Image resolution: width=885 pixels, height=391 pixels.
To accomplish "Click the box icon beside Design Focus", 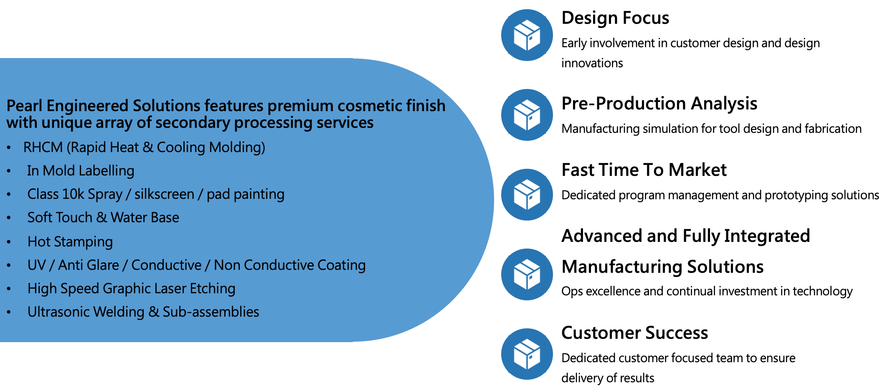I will tap(527, 35).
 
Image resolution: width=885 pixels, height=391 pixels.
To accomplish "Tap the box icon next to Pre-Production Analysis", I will tap(527, 115).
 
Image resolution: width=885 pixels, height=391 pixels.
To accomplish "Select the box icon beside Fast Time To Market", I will tap(527, 195).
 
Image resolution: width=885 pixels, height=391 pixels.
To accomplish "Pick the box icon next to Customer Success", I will tap(527, 354).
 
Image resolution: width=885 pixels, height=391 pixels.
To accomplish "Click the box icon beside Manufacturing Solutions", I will tap(527, 274).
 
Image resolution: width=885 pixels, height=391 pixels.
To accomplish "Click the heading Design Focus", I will tap(615, 18).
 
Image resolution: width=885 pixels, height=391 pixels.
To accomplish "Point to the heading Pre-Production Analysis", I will tap(659, 104).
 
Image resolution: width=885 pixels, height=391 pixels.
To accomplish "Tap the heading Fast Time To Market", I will tap(644, 170).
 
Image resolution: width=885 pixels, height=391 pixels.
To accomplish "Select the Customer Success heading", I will tap(634, 333).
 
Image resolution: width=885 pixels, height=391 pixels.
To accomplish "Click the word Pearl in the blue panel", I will tap(25, 106).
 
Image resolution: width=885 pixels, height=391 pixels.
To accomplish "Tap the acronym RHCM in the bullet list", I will tap(43, 147).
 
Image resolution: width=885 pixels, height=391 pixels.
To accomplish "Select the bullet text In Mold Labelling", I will tap(81, 171).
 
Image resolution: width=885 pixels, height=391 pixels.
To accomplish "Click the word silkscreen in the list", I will tap(164, 194).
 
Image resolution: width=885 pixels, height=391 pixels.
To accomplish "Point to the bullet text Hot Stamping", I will tap(70, 242).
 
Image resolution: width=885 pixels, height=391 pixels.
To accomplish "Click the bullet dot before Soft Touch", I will tap(9, 218).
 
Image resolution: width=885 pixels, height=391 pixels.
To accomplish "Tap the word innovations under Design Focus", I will tap(592, 63).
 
